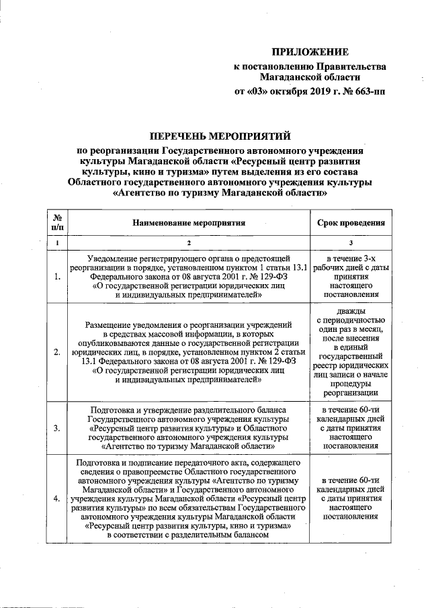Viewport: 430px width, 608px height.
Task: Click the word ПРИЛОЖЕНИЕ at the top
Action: [x=310, y=52]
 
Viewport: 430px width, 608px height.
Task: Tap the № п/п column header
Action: [x=57, y=222]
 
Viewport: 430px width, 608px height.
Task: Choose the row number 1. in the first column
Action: [x=57, y=276]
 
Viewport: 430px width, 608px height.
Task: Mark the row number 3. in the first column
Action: [x=57, y=427]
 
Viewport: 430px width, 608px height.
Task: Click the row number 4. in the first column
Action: [x=57, y=498]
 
